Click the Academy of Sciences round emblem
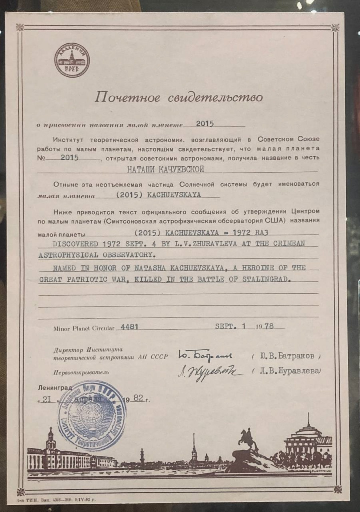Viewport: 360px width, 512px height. (x=72, y=60)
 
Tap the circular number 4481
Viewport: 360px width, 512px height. (x=127, y=328)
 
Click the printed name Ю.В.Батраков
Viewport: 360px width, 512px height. (x=289, y=356)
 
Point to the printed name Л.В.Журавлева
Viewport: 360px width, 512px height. (x=286, y=371)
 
